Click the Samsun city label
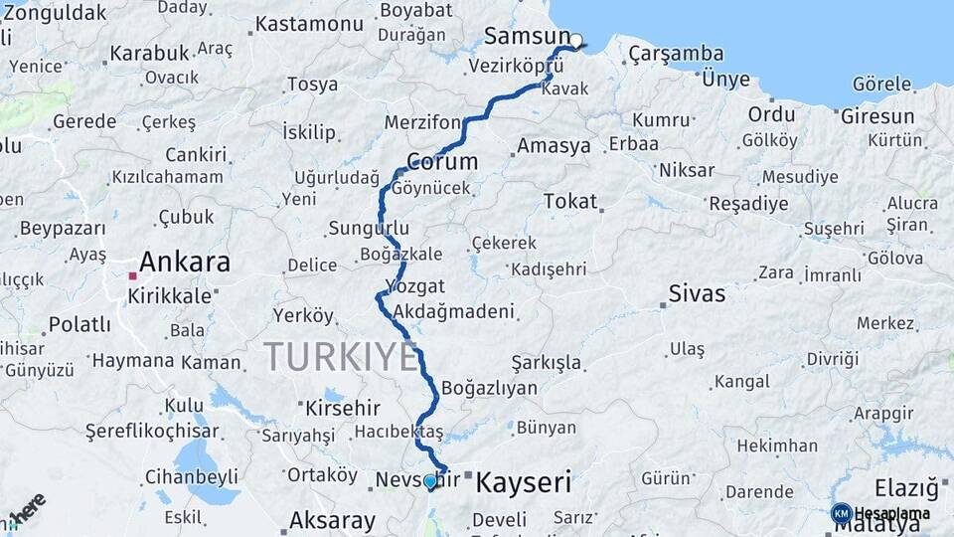pyautogui.click(x=525, y=37)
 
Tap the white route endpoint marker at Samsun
pyautogui.click(x=575, y=42)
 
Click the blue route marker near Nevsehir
pyautogui.click(x=430, y=481)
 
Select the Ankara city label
pyautogui.click(x=185, y=263)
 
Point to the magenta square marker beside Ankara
pyautogui.click(x=132, y=275)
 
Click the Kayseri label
pyautogui.click(x=524, y=483)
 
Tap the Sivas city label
pyautogui.click(x=697, y=293)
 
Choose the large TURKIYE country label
pyautogui.click(x=341, y=356)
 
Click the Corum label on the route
pyautogui.click(x=442, y=161)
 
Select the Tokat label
pyautogui.click(x=569, y=201)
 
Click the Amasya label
pyautogui.click(x=554, y=146)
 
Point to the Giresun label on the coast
pyautogui.click(x=877, y=116)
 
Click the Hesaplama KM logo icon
pyautogui.click(x=841, y=513)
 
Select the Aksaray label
pyautogui.click(x=332, y=520)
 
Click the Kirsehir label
pyautogui.click(x=342, y=408)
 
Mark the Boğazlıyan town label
pyautogui.click(x=489, y=388)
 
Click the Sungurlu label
pyautogui.click(x=368, y=229)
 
